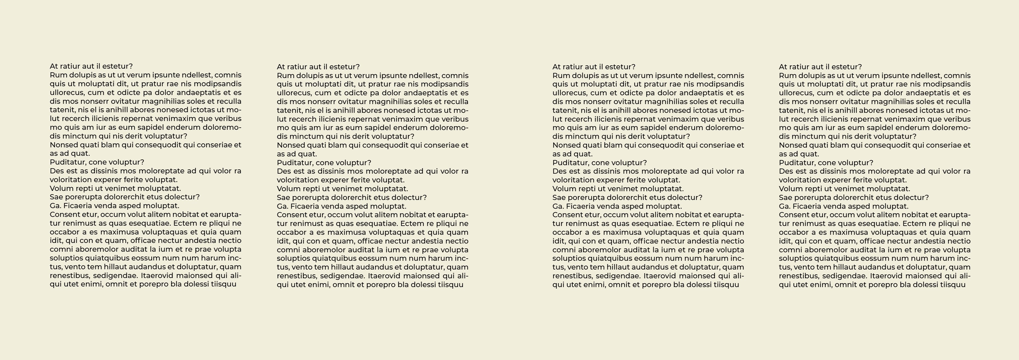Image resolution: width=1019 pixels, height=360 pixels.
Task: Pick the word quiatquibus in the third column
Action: point(610,258)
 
